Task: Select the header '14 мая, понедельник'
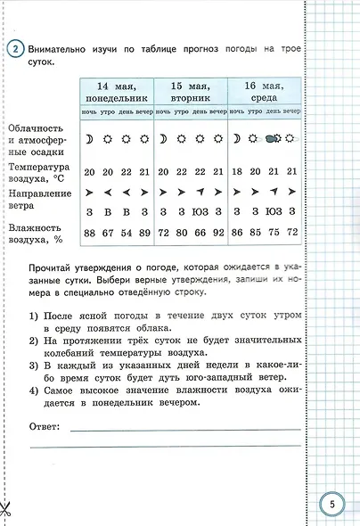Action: [116, 90]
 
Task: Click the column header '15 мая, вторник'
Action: [190, 90]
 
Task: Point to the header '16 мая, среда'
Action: [264, 90]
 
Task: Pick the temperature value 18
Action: [237, 172]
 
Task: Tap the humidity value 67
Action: [107, 233]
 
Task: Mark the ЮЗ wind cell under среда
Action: [274, 211]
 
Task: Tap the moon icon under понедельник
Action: [88, 139]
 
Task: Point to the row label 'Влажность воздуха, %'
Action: [35, 233]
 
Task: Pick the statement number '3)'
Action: [33, 365]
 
